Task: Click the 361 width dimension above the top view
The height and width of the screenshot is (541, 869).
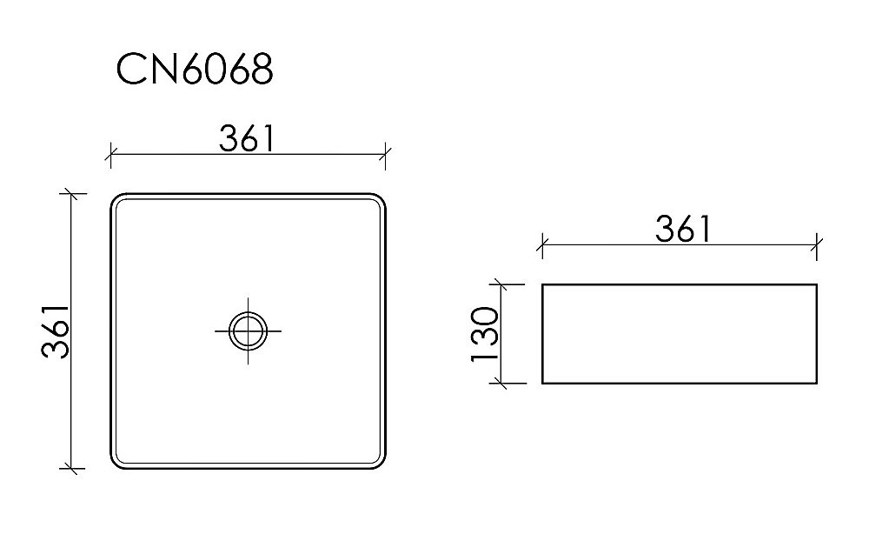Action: tap(247, 137)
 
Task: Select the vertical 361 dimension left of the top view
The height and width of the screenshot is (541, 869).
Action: tap(55, 332)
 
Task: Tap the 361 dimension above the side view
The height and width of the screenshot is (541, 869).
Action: tap(682, 229)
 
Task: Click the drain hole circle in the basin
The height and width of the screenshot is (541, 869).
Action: tap(248, 331)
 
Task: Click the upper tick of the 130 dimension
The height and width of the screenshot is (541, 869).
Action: tap(499, 284)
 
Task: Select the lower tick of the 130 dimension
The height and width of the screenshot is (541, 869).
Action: tap(499, 382)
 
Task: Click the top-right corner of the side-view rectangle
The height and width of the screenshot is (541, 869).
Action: tap(817, 284)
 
